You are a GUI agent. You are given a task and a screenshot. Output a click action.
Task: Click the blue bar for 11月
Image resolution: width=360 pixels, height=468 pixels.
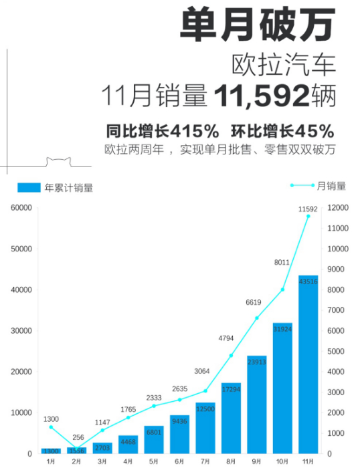click(308, 364)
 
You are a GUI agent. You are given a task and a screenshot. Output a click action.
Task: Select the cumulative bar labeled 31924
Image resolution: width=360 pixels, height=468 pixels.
click(282, 388)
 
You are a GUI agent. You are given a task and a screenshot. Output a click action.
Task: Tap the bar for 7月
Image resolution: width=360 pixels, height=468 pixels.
click(205, 429)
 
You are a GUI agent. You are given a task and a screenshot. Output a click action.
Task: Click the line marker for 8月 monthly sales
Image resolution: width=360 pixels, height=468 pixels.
click(231, 356)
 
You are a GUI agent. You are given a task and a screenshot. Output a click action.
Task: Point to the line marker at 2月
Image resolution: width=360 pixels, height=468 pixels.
click(76, 449)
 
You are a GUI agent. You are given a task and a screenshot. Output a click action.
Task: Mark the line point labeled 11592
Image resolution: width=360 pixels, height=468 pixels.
click(308, 216)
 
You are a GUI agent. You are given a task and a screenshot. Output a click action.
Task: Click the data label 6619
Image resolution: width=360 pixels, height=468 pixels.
click(254, 302)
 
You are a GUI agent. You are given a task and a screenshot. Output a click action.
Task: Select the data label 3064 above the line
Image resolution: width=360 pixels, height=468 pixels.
click(202, 371)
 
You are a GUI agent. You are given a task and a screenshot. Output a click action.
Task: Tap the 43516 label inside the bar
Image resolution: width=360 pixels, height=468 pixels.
click(308, 281)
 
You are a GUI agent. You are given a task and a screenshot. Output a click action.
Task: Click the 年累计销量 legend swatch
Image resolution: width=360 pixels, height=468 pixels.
click(29, 187)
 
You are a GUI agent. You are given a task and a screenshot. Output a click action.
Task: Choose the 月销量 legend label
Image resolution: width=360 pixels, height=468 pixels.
click(331, 186)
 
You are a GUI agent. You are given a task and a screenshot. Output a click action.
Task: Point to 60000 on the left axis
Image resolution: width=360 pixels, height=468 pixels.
click(21, 208)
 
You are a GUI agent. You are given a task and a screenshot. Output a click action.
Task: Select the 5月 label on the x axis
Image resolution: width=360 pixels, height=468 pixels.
click(153, 461)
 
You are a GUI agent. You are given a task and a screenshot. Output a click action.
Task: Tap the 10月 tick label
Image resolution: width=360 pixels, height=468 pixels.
click(282, 461)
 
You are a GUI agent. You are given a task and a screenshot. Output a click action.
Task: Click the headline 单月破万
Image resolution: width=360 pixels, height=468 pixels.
click(258, 24)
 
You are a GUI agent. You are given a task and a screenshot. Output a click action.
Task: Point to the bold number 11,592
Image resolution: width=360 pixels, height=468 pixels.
click(261, 96)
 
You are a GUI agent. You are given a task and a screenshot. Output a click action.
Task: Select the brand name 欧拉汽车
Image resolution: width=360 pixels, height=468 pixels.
click(284, 64)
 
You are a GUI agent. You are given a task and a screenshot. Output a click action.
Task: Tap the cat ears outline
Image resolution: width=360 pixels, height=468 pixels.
click(59, 162)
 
